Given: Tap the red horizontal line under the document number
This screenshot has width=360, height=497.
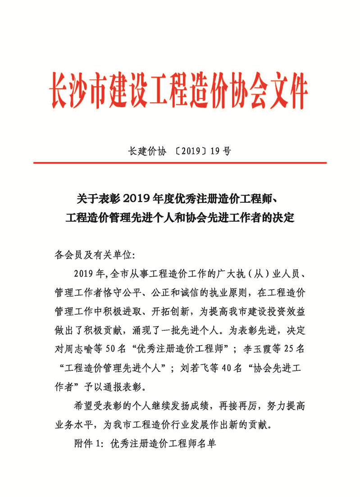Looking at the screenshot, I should click(x=180, y=163).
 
